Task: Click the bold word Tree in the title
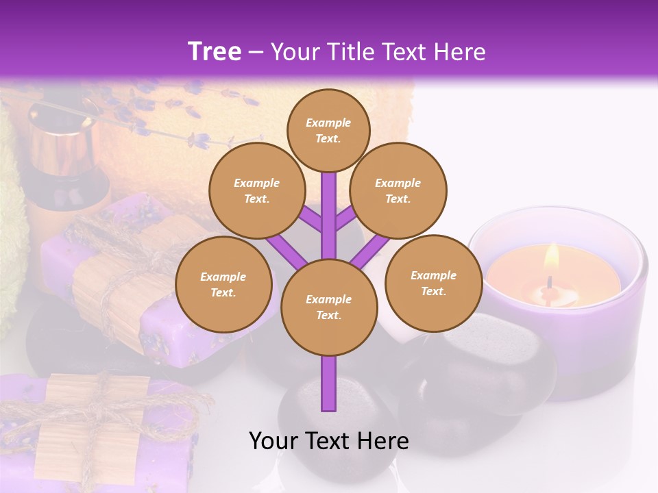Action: (x=215, y=52)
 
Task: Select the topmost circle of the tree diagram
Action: (x=328, y=130)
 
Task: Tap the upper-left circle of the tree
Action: (x=256, y=191)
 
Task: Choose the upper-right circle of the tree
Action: (x=398, y=191)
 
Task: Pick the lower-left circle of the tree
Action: (x=223, y=285)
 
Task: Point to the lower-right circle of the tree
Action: (x=433, y=283)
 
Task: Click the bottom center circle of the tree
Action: (x=328, y=307)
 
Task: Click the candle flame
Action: (x=551, y=259)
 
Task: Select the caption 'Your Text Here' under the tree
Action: (x=328, y=441)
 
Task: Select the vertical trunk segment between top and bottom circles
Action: (x=329, y=216)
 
